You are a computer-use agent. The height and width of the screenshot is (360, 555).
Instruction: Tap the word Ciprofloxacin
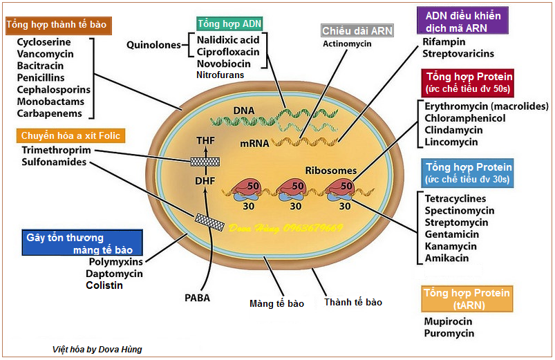point(228,52)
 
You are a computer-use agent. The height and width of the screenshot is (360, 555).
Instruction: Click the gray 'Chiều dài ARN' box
point(356,30)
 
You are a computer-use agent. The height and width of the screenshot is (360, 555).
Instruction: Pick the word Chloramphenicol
point(465,118)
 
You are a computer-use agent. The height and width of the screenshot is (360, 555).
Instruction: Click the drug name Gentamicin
point(453,234)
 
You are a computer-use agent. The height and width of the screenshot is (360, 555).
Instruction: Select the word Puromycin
point(449,334)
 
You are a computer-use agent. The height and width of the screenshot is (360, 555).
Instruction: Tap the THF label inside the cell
point(205,141)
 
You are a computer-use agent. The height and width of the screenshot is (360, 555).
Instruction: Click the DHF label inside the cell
point(205,182)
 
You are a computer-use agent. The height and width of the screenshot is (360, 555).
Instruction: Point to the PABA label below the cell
point(197,299)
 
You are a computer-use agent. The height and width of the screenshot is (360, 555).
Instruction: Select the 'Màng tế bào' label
point(276,303)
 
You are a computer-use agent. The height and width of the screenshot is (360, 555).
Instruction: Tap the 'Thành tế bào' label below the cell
point(353,302)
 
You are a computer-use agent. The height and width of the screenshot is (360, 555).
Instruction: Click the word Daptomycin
point(115,274)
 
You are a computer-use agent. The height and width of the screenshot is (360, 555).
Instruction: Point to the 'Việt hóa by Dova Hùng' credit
point(97,349)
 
